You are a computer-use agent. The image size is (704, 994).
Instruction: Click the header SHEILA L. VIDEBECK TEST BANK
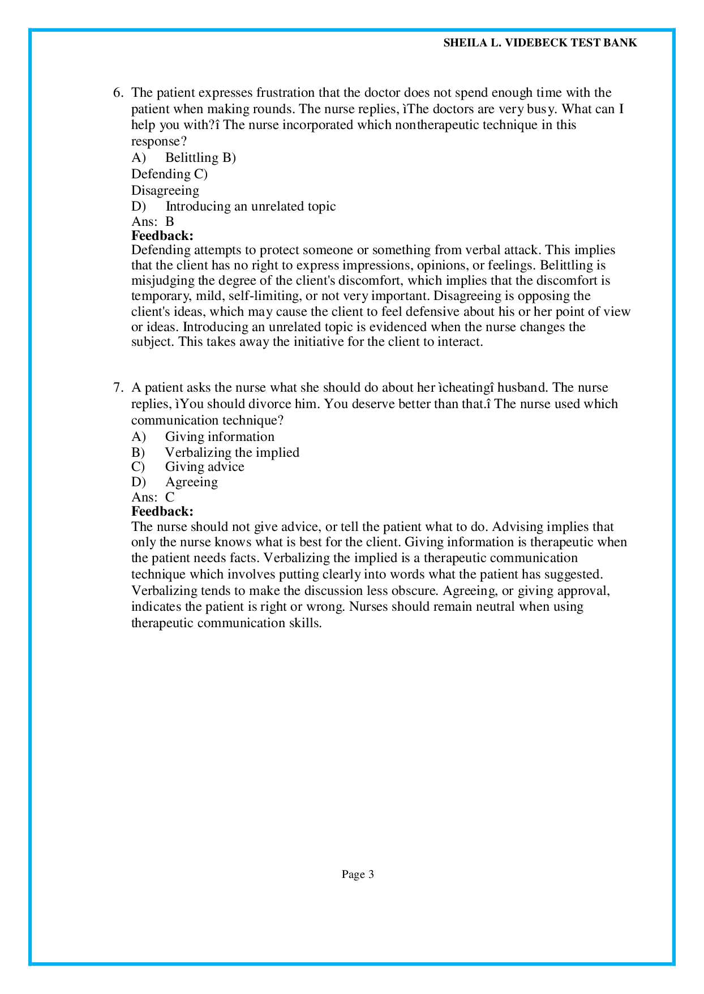click(540, 43)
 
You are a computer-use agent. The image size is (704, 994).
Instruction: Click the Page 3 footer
click(358, 875)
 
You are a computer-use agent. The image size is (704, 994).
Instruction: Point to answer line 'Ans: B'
click(153, 222)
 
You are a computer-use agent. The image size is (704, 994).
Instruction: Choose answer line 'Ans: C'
click(153, 498)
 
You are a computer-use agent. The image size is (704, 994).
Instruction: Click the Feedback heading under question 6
click(162, 235)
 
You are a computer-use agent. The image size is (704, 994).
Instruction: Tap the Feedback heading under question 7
click(162, 512)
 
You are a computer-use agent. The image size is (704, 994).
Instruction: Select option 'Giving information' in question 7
click(220, 437)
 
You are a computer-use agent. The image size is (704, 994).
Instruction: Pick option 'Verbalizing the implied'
click(232, 452)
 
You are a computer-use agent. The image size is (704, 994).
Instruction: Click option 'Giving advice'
click(204, 467)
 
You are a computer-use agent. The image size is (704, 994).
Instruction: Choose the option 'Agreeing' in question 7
click(191, 482)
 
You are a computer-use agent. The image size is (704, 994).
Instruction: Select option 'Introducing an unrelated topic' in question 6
click(250, 207)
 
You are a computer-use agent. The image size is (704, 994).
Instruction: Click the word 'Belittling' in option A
click(192, 158)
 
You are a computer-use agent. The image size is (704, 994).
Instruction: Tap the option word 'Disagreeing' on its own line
click(165, 191)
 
